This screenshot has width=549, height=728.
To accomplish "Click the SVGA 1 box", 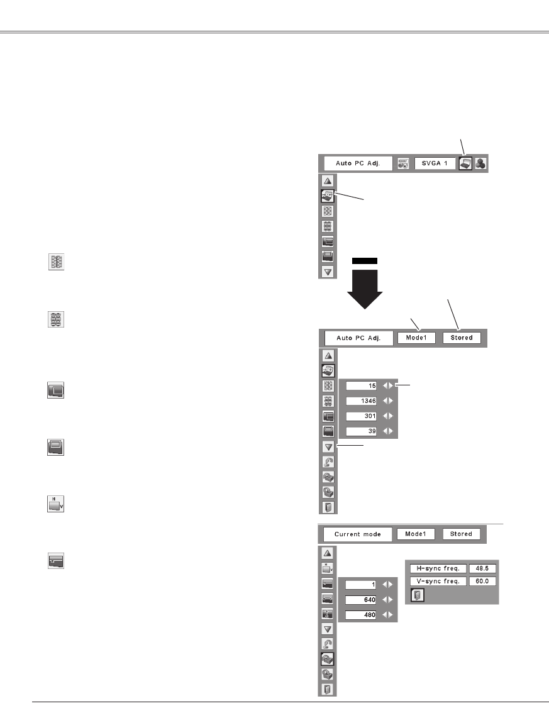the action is tap(435, 163).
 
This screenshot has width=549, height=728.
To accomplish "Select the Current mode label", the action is tap(357, 534).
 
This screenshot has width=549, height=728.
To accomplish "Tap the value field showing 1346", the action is tap(361, 400).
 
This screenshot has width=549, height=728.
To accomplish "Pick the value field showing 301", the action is tap(361, 416).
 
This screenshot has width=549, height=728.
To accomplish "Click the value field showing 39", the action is tap(361, 431).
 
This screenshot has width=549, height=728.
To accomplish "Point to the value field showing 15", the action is tap(361, 385).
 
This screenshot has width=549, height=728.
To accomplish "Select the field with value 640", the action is tap(361, 600).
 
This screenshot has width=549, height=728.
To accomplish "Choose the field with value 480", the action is tap(361, 615).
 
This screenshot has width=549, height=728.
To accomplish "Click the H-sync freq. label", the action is tap(436, 568).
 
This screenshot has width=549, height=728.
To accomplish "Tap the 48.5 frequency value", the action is tap(483, 568).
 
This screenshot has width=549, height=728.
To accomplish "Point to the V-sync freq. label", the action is tap(436, 582).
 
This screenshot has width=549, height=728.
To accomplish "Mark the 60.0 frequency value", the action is tap(483, 582).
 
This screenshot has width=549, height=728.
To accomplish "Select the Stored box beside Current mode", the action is tap(461, 534).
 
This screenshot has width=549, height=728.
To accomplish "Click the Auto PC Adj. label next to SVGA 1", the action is tap(357, 163).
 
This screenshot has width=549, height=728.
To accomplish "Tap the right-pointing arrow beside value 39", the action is tap(391, 431).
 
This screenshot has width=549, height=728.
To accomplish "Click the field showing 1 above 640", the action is tap(361, 584).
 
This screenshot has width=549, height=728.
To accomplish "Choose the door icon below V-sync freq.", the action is tap(416, 595).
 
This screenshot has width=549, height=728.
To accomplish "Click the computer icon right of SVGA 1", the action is tap(465, 163).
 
